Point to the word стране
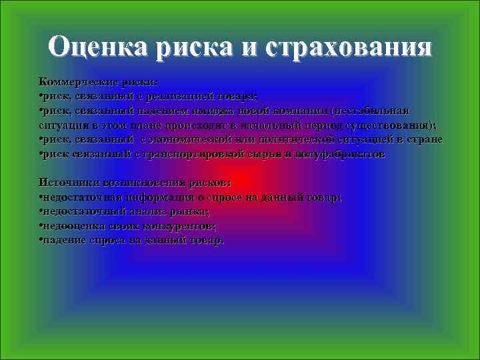tap(425, 139)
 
